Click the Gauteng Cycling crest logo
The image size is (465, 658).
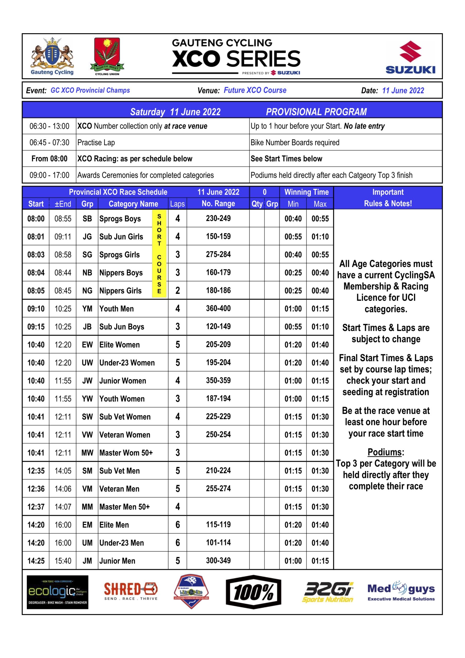[52, 56]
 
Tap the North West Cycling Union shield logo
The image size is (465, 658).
[107, 56]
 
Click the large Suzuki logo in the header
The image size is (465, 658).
[410, 57]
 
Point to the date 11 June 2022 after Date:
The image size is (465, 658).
[403, 90]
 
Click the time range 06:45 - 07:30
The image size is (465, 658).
[49, 142]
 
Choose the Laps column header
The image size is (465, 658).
[177, 204]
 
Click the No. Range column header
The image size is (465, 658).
[218, 204]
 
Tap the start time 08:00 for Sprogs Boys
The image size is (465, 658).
[36, 219]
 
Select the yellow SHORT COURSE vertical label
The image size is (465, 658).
[159, 254]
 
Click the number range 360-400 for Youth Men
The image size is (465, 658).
[218, 308]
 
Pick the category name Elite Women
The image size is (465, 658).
[119, 344]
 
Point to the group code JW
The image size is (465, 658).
[87, 381]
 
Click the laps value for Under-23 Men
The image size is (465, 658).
[178, 543]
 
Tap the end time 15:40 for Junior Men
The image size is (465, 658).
[63, 561]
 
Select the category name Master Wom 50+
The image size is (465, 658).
[126, 453]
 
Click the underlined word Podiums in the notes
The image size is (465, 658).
[385, 452]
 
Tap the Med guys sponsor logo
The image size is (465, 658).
[401, 591]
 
